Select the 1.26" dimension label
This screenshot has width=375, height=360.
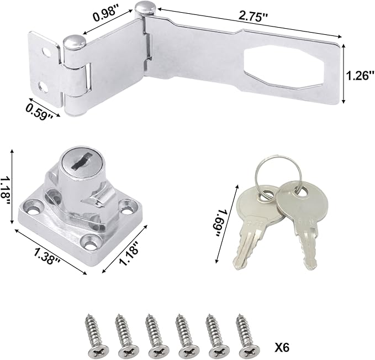358,75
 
